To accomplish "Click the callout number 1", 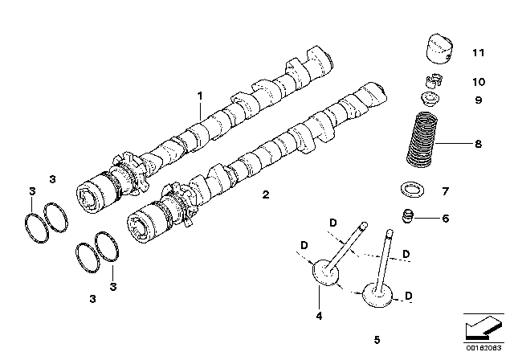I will click(201, 96).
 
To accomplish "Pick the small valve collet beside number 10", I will click(433, 81).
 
